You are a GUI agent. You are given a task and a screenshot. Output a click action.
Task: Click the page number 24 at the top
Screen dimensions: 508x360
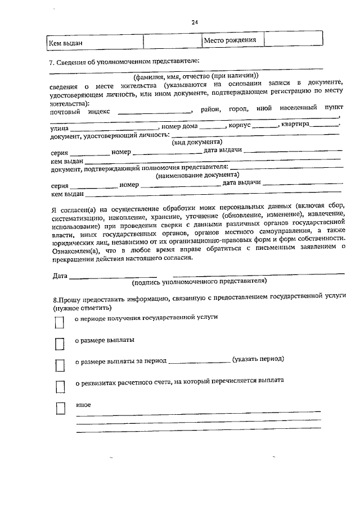point(195,22)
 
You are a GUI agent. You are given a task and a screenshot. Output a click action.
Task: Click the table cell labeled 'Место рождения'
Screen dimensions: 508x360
point(230,40)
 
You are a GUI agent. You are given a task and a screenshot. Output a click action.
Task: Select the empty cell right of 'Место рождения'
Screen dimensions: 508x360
point(293,39)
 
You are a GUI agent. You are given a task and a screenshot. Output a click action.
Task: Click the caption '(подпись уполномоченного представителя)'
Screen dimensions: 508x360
point(199,281)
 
